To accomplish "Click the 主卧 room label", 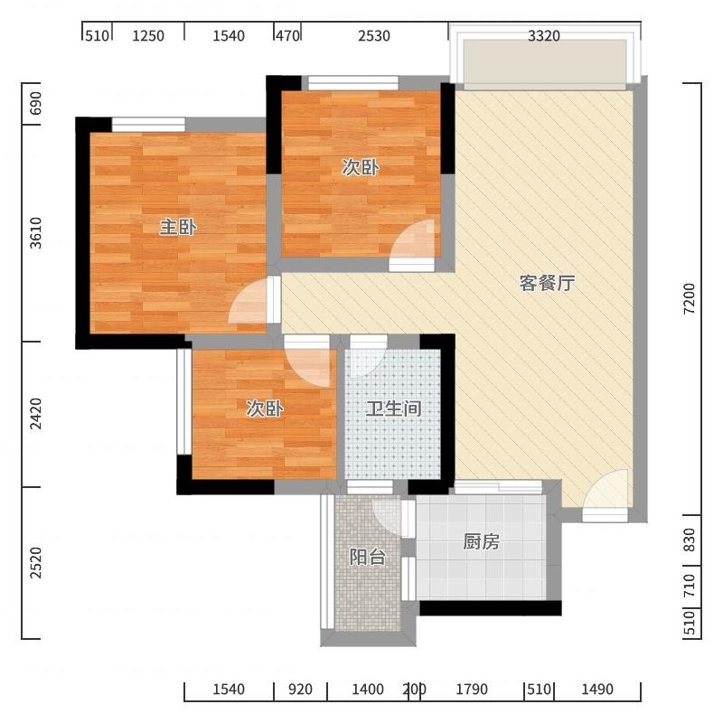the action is coord(178,228).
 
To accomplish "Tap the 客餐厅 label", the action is coord(548,283).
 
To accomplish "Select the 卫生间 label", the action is coord(393,408).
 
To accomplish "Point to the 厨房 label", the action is coord(481,541).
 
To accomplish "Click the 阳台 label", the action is coord(367,557).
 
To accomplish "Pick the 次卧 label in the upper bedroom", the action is coord(360,167).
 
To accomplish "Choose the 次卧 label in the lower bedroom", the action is coord(264,408).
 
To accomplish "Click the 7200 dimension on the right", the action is coord(689,299).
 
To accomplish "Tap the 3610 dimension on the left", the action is coord(35,233).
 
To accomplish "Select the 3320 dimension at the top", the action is coord(544,35).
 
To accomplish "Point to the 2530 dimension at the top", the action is coord(374,35).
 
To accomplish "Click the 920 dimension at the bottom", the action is coord(300,690).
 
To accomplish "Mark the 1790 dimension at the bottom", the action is coord(472,690).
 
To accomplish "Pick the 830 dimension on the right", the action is coord(689,540).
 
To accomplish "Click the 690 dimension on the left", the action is coord(35,103).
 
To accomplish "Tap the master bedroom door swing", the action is coord(248,301).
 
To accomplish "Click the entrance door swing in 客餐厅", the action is coord(606,489).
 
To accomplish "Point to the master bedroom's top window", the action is coord(148,125).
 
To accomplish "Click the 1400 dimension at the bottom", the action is coord(368,690).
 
